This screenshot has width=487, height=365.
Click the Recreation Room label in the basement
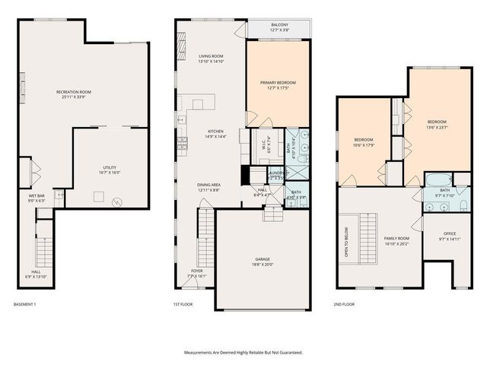click(x=74, y=94)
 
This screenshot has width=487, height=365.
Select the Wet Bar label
click(x=37, y=198)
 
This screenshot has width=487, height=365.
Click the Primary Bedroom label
click(x=278, y=84)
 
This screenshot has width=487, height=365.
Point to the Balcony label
click(x=279, y=27)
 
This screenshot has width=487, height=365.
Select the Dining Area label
click(x=209, y=187)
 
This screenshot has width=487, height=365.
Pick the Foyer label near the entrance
click(x=198, y=273)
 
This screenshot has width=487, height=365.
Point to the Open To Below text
click(x=347, y=241)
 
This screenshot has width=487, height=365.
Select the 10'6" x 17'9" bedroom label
click(x=364, y=142)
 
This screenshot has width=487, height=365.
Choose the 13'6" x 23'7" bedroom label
click(x=437, y=125)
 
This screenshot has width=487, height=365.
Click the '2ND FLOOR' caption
click(x=345, y=304)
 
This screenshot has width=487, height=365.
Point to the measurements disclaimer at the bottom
click(x=243, y=352)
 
